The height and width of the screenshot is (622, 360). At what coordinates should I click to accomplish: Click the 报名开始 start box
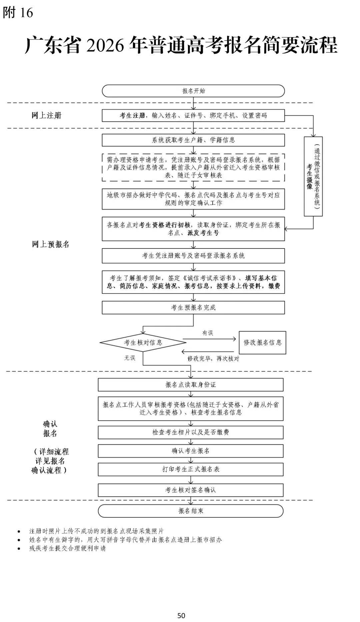click(x=193, y=91)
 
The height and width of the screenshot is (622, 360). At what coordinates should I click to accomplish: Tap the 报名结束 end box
click(x=191, y=511)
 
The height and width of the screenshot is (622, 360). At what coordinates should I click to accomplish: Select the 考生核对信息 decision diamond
click(x=143, y=342)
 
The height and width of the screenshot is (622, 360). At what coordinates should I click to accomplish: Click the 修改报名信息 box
click(x=262, y=342)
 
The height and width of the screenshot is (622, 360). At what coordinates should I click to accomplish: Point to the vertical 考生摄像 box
click(x=313, y=176)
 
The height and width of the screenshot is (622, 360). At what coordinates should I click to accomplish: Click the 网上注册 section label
click(x=47, y=115)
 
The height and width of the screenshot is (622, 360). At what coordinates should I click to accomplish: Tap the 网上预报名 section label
click(x=51, y=244)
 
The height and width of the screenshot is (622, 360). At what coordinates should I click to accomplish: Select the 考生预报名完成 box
click(x=193, y=307)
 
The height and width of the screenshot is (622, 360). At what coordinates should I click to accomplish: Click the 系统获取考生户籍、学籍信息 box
click(x=193, y=140)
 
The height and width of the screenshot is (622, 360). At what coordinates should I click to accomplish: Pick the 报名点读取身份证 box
click(x=191, y=385)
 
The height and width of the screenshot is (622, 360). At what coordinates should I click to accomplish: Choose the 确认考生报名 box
click(x=191, y=451)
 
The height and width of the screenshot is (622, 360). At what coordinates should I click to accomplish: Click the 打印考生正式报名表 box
click(x=191, y=469)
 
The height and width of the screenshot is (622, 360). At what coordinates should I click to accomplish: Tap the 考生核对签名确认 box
click(x=191, y=490)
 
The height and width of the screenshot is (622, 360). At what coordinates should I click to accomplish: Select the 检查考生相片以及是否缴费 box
click(x=191, y=432)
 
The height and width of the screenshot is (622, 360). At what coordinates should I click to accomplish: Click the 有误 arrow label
click(x=208, y=333)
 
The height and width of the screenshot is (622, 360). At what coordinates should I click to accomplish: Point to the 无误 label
click(x=130, y=358)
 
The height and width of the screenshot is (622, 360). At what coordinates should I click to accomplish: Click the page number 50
click(x=181, y=615)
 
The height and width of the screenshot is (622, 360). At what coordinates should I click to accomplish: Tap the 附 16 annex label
click(x=18, y=13)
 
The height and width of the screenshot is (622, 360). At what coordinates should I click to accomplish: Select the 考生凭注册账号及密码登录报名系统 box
click(x=193, y=256)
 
